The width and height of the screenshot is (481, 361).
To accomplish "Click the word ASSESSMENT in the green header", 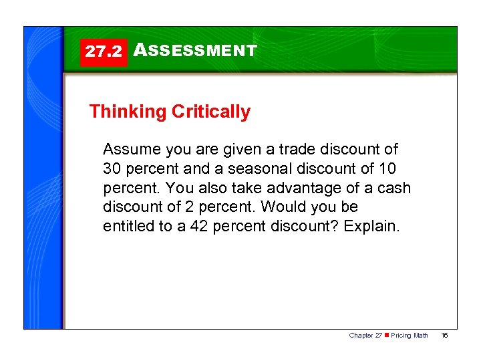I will coord(194,50).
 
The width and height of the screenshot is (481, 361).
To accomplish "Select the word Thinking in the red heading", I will coord(128,112).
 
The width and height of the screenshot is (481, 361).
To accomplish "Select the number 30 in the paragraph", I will coord(112,168).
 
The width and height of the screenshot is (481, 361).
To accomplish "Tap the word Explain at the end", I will coord(371,227).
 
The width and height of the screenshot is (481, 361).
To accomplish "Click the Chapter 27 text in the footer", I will coord(365,335).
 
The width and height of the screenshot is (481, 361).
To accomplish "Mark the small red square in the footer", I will coord(385,335).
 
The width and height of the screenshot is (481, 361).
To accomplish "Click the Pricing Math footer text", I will coord(410,335).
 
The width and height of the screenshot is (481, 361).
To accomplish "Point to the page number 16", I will coord(444,335).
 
